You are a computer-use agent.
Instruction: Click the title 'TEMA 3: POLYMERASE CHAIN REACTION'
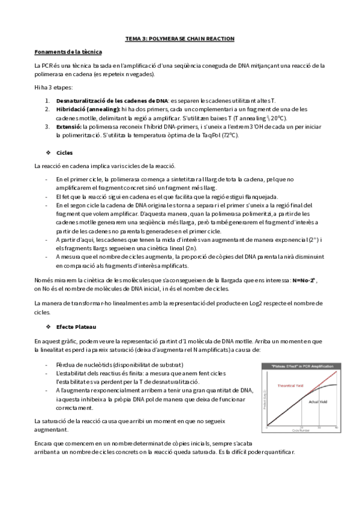(x=179, y=38)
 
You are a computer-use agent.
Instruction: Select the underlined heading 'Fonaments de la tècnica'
(x=68, y=52)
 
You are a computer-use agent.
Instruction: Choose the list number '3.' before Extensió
(x=47, y=127)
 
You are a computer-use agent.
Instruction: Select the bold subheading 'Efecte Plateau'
(x=76, y=326)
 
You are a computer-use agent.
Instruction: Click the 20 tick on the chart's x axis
(x=302, y=427)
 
